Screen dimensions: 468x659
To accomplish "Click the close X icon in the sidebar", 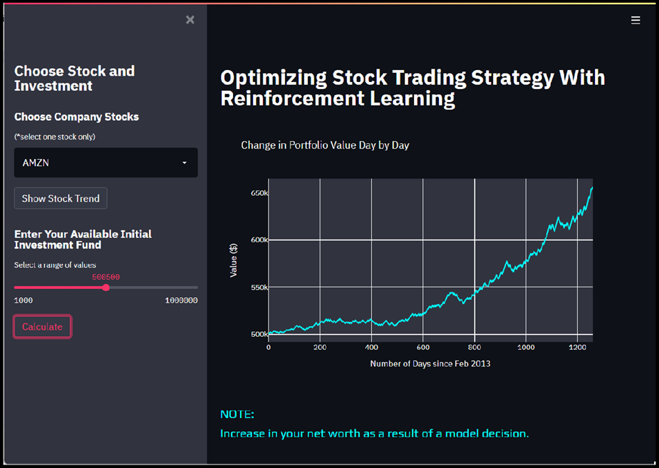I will point(190,19).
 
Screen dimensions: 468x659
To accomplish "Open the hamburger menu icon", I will point(635,20).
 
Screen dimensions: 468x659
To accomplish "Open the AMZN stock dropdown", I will point(106,162).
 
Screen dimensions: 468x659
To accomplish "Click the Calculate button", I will point(42,326).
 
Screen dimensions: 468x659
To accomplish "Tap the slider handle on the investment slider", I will point(105,287).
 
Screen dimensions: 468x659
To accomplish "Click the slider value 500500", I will point(105,277).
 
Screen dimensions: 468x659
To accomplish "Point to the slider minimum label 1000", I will point(24,301).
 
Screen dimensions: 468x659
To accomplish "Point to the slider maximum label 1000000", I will point(181,301).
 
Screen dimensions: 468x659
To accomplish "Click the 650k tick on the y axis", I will point(259,192).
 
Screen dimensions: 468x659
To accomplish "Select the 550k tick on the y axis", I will point(259,287).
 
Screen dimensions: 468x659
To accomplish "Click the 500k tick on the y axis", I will point(259,334).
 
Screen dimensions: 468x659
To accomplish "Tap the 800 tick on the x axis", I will point(474,347).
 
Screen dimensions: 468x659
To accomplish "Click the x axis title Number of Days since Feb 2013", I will point(430,363).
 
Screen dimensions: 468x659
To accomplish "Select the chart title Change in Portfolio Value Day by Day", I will point(325,145).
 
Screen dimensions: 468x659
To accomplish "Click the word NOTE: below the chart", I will point(237,415).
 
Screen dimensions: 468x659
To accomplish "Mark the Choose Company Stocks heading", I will point(76,117).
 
